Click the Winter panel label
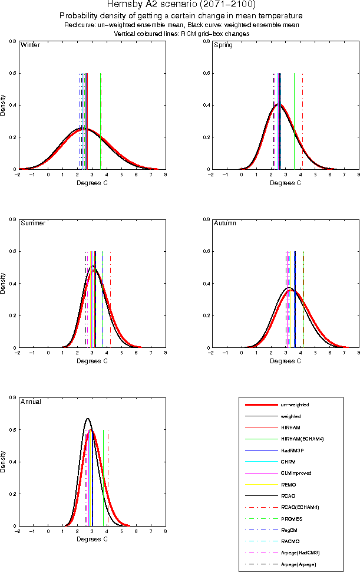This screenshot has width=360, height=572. tap(30, 45)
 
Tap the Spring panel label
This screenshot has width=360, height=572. tap(223, 45)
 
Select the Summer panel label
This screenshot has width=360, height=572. tap(33, 223)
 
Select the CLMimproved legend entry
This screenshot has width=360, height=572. tap(296, 473)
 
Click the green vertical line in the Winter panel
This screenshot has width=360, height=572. tap(101, 118)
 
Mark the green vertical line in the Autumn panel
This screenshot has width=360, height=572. tap(303, 295)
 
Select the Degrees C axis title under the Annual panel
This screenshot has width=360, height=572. tap(91, 538)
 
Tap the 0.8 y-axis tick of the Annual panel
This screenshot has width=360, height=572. tap(12, 397)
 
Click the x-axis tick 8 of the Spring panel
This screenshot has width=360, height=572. tap(358, 175)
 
